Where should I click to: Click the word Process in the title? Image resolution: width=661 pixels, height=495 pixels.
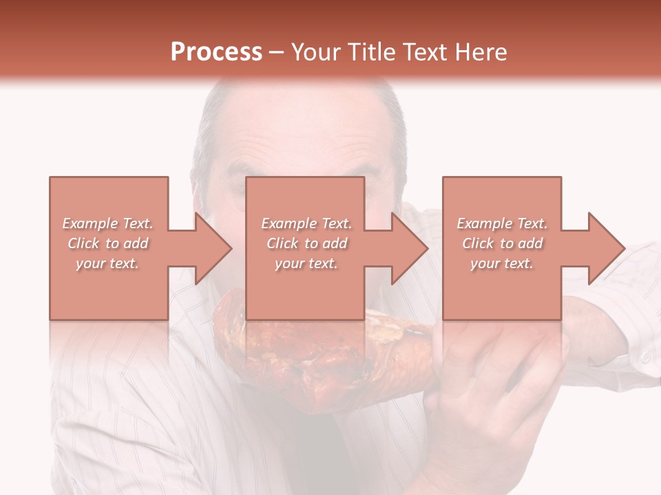pyautogui.click(x=216, y=52)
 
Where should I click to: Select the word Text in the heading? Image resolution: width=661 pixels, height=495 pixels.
pyautogui.click(x=424, y=52)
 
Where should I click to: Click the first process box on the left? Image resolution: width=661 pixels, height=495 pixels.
pyautogui.click(x=109, y=206)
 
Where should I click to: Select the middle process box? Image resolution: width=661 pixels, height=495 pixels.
pyautogui.click(x=305, y=206)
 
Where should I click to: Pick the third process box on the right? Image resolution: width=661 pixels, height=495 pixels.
pyautogui.click(x=501, y=206)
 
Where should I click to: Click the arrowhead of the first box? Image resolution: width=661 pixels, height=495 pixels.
pyautogui.click(x=213, y=248)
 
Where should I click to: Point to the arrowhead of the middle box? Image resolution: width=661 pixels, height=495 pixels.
pyautogui.click(x=410, y=248)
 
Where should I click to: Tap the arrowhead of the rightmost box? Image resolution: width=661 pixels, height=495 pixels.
pyautogui.click(x=606, y=248)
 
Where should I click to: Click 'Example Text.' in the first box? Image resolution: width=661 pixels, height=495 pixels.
pyautogui.click(x=108, y=223)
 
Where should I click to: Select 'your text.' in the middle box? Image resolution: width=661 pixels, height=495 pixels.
pyautogui.click(x=306, y=263)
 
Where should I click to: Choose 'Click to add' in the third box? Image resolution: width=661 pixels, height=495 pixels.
pyautogui.click(x=502, y=243)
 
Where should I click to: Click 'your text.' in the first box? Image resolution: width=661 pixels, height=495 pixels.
pyautogui.click(x=108, y=263)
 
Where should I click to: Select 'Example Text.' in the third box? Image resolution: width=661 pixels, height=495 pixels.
pyautogui.click(x=502, y=223)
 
